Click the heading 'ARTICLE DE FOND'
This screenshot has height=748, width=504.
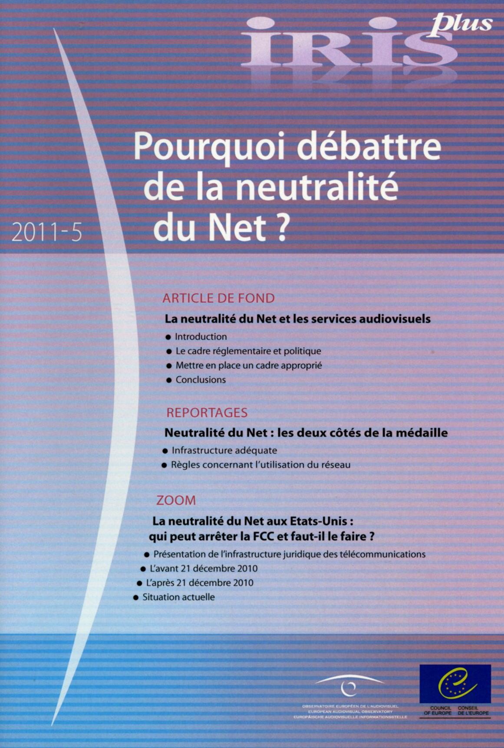218,298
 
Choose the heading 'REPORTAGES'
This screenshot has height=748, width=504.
207,412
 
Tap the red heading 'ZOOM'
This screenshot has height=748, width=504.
176,500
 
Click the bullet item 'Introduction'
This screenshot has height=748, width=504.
201,337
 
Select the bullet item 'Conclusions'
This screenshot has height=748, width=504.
201,380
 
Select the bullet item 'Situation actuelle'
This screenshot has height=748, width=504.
178,597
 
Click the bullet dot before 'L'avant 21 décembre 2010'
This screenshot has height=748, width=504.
143,569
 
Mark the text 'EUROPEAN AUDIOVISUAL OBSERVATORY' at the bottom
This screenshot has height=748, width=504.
350,711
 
